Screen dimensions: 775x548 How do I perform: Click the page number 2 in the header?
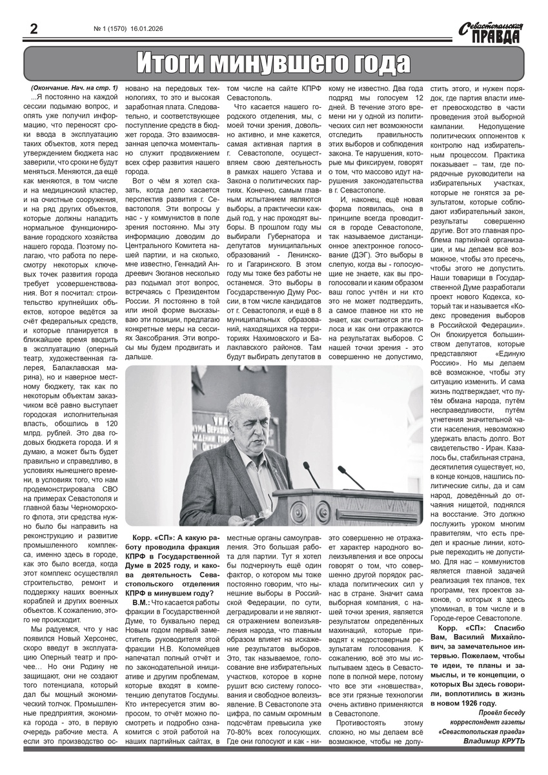32,29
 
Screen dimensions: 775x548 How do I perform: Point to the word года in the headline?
380,64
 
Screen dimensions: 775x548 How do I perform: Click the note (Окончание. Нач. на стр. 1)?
74,87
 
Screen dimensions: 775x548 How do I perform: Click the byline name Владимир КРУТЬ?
494,740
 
